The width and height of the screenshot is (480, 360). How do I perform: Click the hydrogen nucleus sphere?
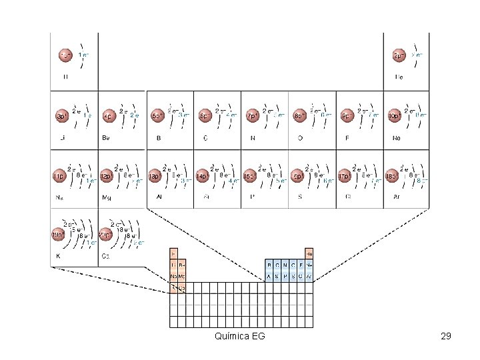65,55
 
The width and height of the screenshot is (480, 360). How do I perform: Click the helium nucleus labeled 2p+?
399,55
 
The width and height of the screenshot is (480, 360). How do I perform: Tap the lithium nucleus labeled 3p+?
61,116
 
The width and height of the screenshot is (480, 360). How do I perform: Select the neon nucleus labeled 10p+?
395,116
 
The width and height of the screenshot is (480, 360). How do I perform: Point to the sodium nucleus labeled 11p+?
60,177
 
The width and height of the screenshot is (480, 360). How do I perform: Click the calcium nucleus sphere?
106,234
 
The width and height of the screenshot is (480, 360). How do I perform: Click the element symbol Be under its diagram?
105,138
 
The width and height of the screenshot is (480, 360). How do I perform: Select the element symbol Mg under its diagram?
106,198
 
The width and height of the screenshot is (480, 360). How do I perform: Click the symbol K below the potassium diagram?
58,256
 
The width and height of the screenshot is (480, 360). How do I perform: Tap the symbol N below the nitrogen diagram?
253,138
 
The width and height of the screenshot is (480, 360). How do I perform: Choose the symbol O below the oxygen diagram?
300,138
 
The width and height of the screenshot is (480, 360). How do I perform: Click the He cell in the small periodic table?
309,254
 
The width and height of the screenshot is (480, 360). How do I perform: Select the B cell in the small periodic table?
269,265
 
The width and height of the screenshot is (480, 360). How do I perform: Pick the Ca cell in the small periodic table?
181,288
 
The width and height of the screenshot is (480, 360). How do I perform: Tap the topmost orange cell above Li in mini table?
173,254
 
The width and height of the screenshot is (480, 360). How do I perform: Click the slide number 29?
446,336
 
